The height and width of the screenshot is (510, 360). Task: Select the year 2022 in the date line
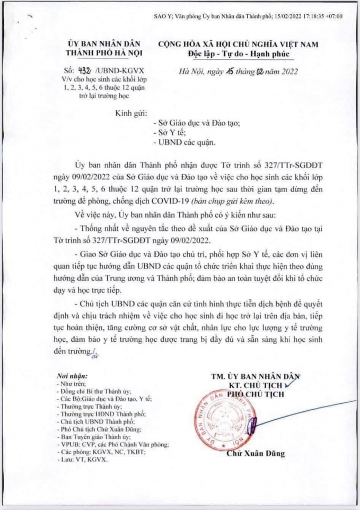pyautogui.click(x=285, y=71)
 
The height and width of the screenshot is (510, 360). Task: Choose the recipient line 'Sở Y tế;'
pyautogui.click(x=167, y=132)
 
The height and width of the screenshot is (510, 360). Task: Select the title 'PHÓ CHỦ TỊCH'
pyautogui.click(x=256, y=393)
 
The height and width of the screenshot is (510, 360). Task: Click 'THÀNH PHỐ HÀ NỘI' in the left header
pyautogui.click(x=101, y=53)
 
